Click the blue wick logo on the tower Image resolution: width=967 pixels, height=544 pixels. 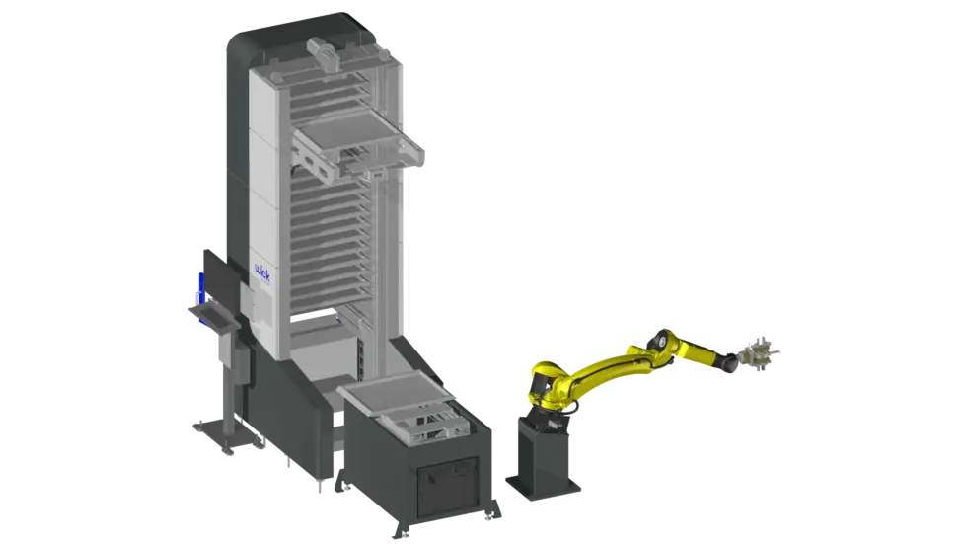click(x=262, y=272)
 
